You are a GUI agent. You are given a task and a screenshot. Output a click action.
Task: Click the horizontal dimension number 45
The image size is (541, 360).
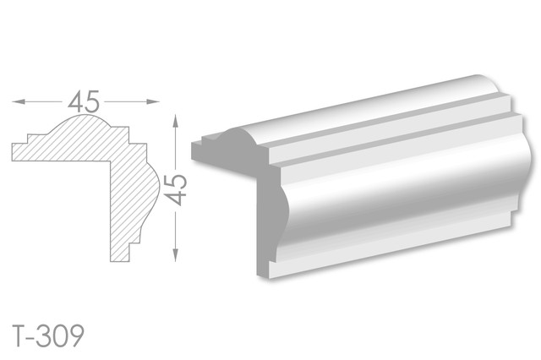tap(84, 101)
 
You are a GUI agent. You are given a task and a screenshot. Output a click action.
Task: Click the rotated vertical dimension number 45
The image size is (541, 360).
tap(176, 189)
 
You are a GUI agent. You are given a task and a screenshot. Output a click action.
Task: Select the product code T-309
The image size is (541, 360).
tap(48, 335)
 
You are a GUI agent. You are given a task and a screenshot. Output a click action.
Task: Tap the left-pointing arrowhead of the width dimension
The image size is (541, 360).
tap(19, 101)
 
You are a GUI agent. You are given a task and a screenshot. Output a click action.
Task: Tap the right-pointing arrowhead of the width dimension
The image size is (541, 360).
tap(153, 101)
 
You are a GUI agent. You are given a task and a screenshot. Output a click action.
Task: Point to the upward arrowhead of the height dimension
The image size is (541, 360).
tap(176, 122)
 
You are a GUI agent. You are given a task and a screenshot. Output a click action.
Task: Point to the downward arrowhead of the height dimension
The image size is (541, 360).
tap(176, 254)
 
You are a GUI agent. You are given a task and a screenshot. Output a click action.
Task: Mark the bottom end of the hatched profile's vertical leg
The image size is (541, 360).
tap(120, 261)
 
